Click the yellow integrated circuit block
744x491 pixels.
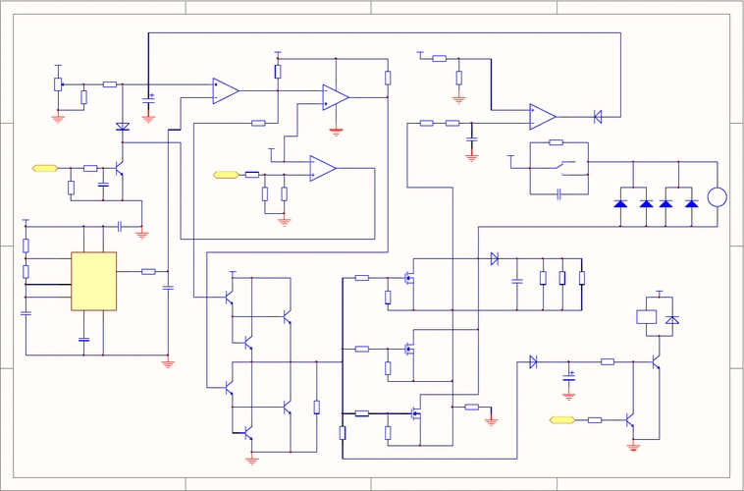pos(93,281)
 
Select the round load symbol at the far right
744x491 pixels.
pos(717,197)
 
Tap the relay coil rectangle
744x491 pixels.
pos(646,317)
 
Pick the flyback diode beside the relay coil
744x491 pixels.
pos(671,319)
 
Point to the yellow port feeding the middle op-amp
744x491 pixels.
pos(226,175)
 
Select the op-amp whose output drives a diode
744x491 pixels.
pos(542,117)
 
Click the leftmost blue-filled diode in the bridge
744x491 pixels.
pos(620,203)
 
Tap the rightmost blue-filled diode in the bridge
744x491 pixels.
pos(692,203)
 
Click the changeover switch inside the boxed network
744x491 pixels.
pos(558,162)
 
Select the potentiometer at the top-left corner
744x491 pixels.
pos(58,84)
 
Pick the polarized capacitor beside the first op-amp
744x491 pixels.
pos(148,99)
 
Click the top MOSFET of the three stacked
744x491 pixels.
pos(410,279)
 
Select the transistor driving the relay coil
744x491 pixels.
pos(653,362)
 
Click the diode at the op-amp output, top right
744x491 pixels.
pos(598,117)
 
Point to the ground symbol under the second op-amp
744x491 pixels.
pos(336,130)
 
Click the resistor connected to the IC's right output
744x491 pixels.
pos(148,271)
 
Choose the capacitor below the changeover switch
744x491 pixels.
pos(558,194)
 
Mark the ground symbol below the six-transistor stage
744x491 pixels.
pos(252,459)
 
